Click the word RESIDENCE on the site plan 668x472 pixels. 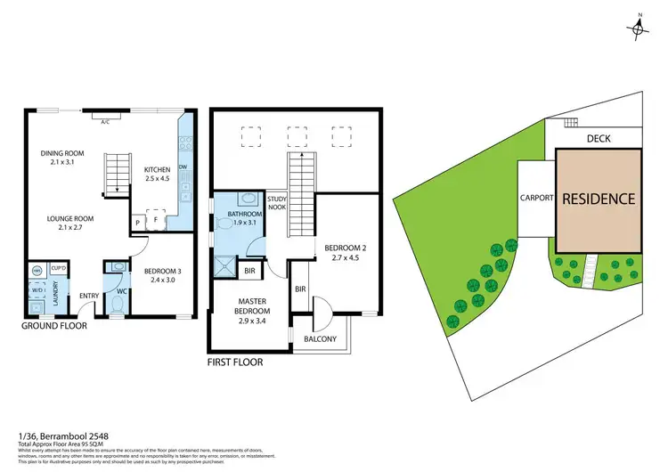coord(599,199)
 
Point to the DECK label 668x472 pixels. coord(599,139)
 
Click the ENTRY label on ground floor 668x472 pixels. coord(90,297)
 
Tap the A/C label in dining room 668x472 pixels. coord(104,120)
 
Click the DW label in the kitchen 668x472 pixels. coord(182,167)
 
